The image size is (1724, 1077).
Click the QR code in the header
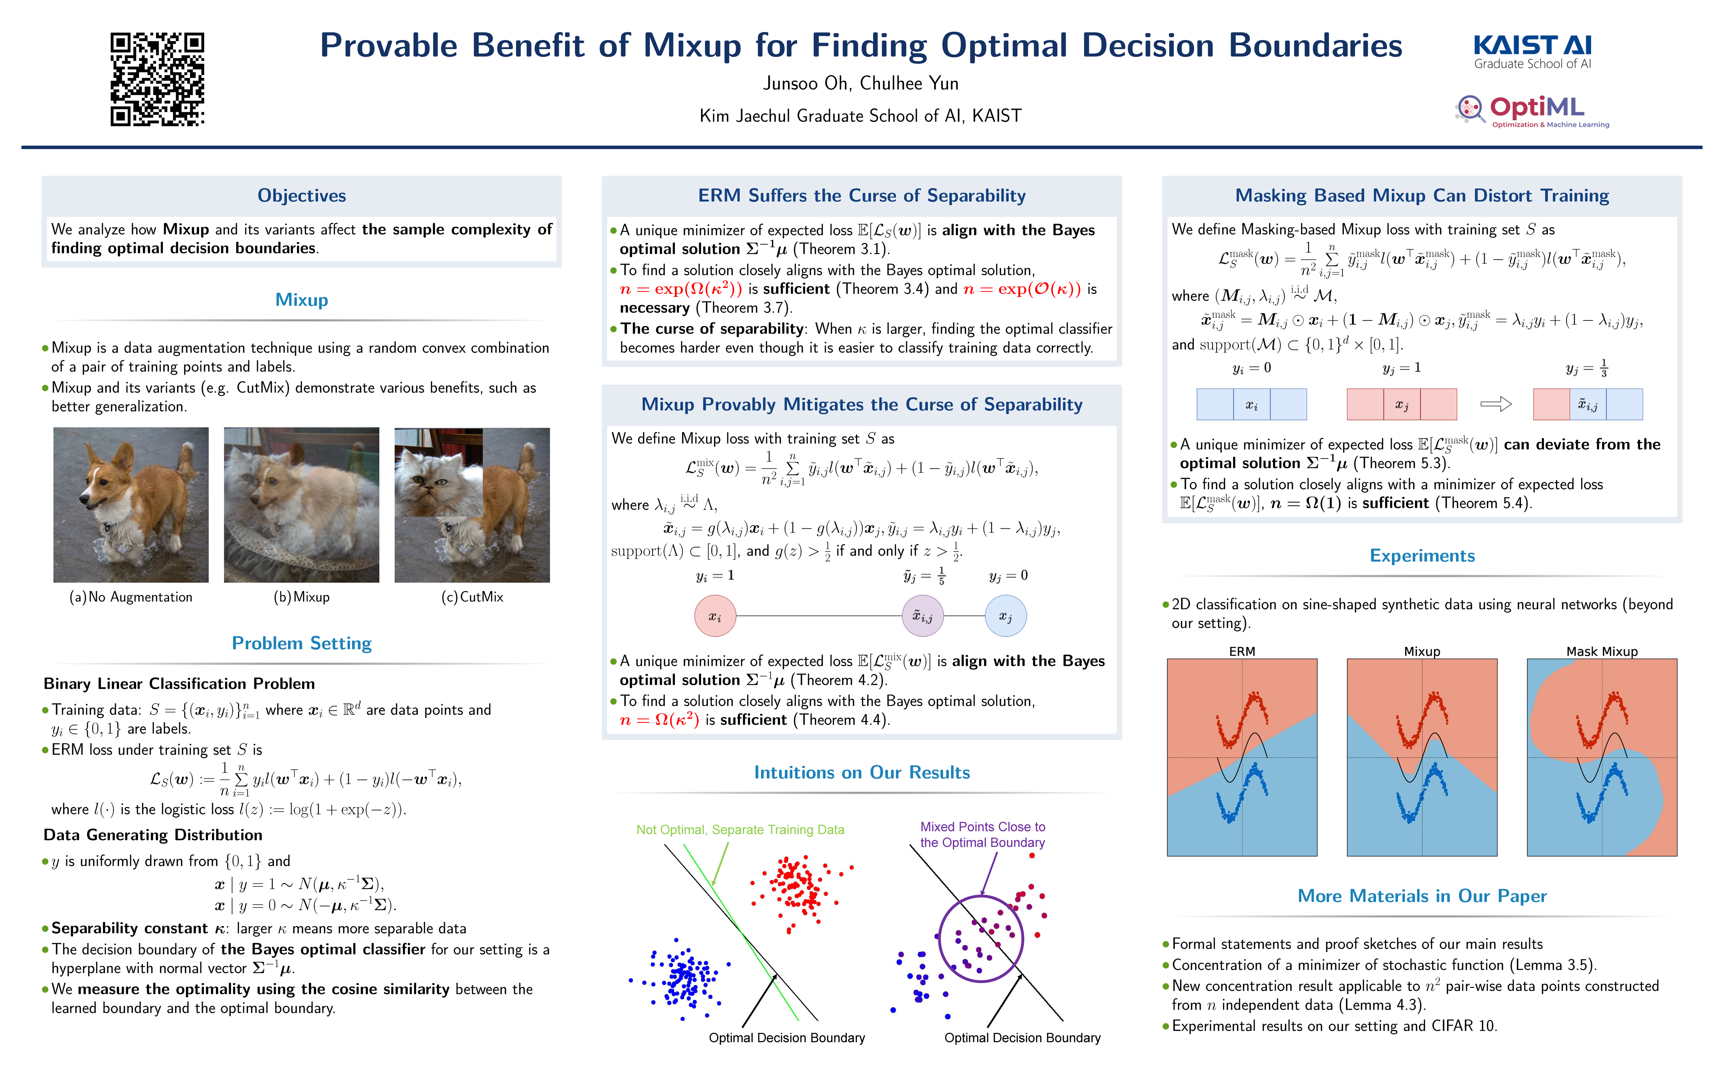click(158, 79)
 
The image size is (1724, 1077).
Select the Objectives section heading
click(301, 195)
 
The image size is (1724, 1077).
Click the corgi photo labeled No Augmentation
click(131, 504)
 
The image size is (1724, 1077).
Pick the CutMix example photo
click(472, 504)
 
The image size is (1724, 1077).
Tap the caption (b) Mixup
click(301, 597)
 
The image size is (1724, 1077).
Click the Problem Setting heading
click(301, 643)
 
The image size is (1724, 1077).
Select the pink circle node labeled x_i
click(715, 616)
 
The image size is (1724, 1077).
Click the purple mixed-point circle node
click(923, 616)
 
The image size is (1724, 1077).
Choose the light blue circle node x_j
click(1005, 616)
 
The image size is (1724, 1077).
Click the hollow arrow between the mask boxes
click(1495, 404)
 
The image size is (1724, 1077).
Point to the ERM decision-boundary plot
click(1242, 757)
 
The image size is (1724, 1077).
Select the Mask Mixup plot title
click(1601, 651)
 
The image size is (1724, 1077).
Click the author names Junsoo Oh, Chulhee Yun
click(861, 83)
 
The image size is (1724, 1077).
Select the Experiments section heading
click(1422, 556)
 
